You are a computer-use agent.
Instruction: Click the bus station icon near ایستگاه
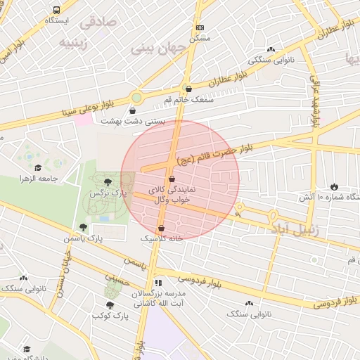56,11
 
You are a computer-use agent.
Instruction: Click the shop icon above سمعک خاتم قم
188,89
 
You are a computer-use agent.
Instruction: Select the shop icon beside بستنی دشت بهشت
133,110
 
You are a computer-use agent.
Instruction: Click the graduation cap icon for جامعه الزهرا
37,168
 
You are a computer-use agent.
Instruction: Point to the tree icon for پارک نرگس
107,181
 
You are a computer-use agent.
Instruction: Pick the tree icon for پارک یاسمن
83,227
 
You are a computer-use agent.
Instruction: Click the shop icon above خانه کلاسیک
162,228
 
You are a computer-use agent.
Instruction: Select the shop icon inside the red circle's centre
172,179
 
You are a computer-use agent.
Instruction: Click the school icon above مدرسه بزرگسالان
158,282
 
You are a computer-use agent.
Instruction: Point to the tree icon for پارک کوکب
109,304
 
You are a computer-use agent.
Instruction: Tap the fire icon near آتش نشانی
334,187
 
